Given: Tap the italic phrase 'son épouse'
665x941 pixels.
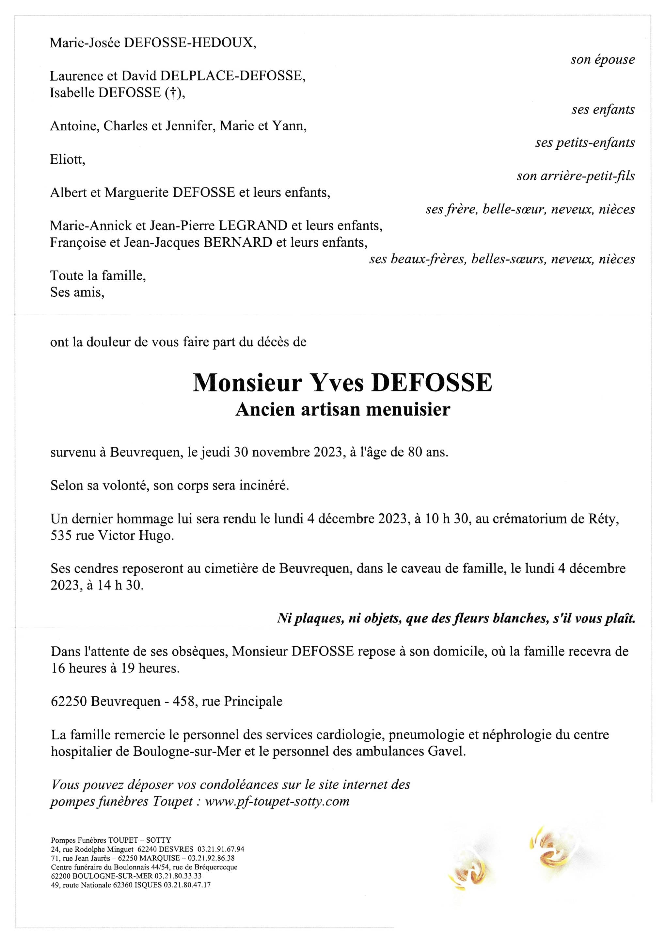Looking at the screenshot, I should pos(602,60).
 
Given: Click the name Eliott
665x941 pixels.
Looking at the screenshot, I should pos(67,159).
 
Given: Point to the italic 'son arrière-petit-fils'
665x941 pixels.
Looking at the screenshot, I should pos(575,176).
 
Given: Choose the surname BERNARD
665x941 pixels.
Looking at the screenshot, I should pos(238,243).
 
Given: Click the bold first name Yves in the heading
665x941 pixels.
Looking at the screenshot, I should pos(337,383).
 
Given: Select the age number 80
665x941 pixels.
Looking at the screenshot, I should pos(415,453).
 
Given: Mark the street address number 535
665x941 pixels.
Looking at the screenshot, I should pos(61,536).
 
